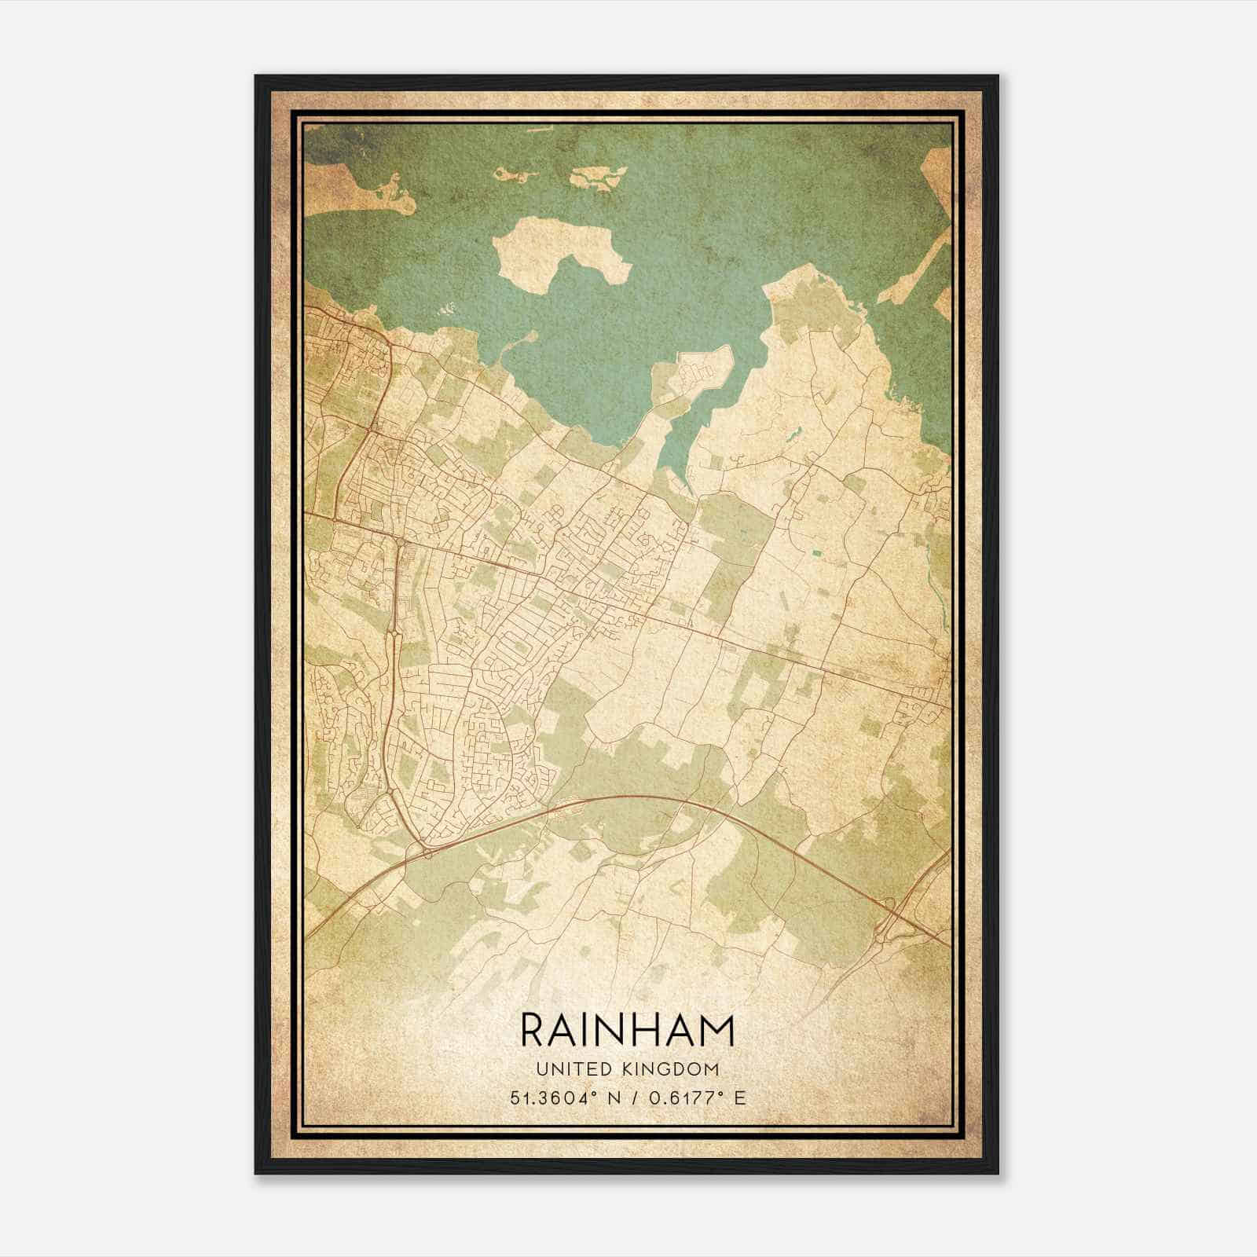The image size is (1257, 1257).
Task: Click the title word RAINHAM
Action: click(627, 1030)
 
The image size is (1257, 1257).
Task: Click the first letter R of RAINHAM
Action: click(532, 1030)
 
